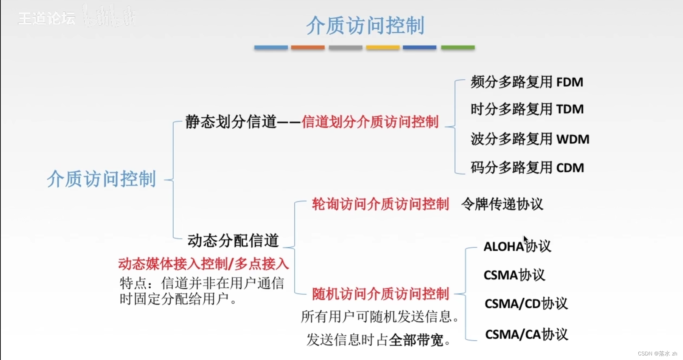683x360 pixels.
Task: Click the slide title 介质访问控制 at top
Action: [365, 26]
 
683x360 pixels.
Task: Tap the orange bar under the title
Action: [308, 48]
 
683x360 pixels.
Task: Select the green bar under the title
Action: [457, 48]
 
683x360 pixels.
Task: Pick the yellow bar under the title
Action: [383, 48]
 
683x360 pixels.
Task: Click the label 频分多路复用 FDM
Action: [526, 82]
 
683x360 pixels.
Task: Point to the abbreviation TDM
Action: [570, 109]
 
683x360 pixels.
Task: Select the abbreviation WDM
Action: [573, 139]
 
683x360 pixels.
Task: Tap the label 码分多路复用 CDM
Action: [527, 168]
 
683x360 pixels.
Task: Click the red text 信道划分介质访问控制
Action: [370, 122]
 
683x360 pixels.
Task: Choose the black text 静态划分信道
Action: [231, 122]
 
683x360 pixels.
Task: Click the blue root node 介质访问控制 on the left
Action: [101, 179]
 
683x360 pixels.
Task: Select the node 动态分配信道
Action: [233, 241]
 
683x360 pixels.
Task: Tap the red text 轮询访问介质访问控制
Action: [380, 204]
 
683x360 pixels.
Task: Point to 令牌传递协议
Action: [502, 204]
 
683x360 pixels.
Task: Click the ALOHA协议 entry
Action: [517, 247]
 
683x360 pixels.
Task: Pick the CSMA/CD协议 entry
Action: [526, 304]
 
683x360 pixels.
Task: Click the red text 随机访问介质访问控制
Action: [380, 294]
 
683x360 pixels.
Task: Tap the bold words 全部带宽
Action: [416, 340]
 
